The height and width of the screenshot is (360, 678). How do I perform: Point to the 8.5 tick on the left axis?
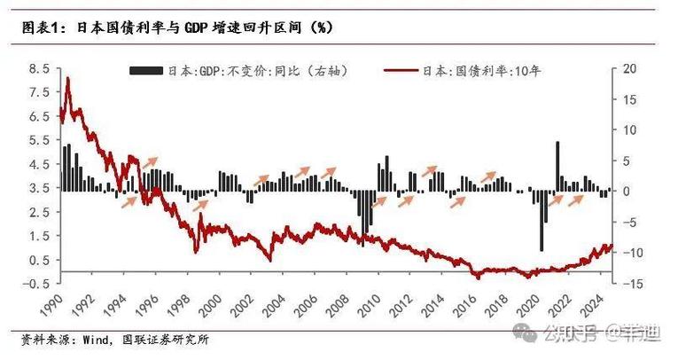[x=38, y=68]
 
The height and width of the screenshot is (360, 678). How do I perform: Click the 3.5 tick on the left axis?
[x=38, y=188]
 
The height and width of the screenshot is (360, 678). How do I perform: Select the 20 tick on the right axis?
[x=629, y=68]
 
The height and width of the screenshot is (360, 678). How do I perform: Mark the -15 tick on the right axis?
[x=631, y=283]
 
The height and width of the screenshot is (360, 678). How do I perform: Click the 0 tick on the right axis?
[x=627, y=191]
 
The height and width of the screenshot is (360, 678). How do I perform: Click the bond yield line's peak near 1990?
[x=68, y=80]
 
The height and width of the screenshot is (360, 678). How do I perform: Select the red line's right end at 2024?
[x=612, y=246]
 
